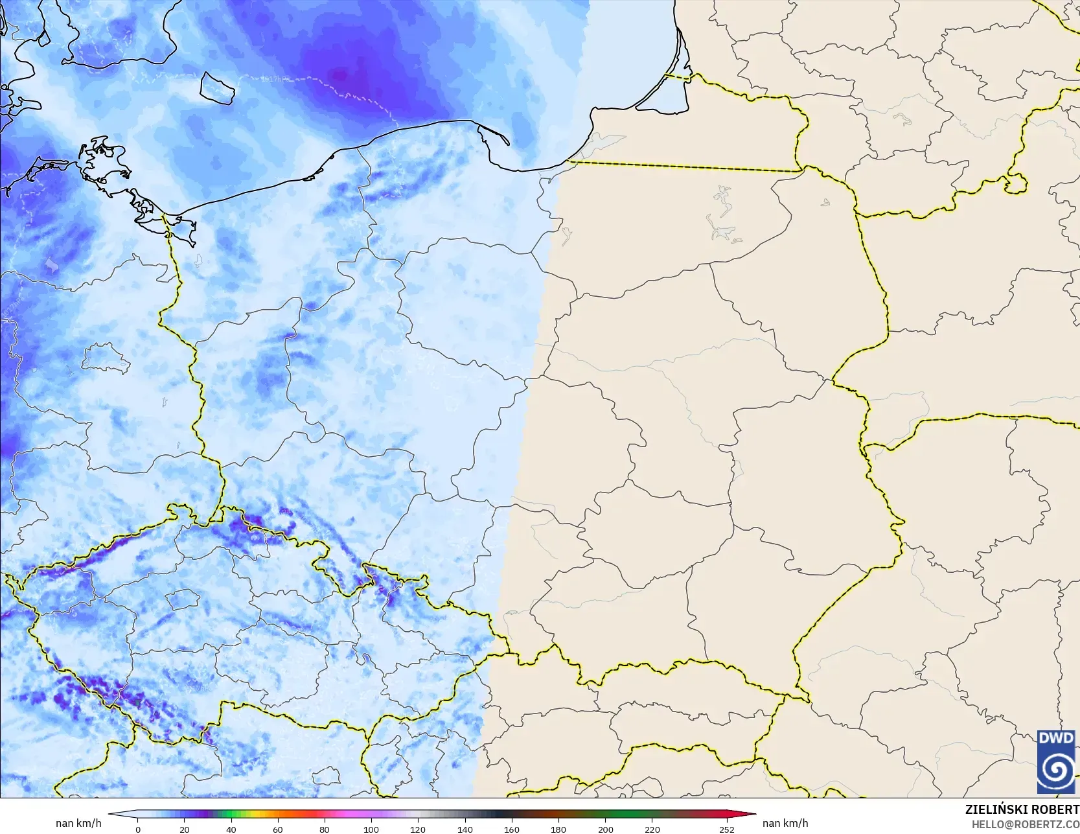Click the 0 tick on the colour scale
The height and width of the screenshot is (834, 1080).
[138, 829]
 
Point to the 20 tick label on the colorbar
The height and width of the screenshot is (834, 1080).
[185, 829]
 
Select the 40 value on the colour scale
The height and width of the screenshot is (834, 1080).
[231, 829]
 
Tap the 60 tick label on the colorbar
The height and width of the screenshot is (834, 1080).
[278, 829]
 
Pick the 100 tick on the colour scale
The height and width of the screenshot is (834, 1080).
[371, 829]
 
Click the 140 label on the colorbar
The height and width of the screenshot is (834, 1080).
[465, 829]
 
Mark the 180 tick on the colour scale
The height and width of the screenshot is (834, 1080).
[558, 829]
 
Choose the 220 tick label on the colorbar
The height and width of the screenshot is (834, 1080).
[652, 829]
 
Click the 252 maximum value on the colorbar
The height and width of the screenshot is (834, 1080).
[726, 829]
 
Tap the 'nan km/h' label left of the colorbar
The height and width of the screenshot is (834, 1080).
[78, 823]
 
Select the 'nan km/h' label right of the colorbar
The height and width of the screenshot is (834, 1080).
[785, 823]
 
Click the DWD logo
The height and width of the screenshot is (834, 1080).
[1056, 761]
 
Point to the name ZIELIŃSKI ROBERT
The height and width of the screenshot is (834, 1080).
[1022, 809]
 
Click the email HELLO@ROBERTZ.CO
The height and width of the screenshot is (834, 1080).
[1025, 822]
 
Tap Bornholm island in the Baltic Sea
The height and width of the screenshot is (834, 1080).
[216, 87]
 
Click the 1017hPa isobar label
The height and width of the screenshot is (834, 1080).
[275, 78]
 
